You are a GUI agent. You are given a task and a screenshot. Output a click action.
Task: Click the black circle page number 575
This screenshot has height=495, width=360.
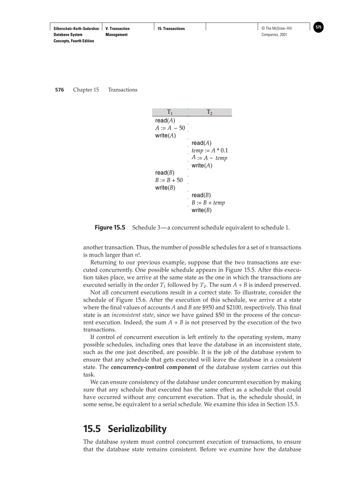(319, 27)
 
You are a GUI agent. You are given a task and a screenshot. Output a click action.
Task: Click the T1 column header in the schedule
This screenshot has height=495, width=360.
(169, 112)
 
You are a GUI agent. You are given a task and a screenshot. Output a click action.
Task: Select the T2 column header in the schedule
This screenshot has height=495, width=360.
(210, 112)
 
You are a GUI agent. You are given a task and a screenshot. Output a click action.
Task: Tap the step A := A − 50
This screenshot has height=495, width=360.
(170, 128)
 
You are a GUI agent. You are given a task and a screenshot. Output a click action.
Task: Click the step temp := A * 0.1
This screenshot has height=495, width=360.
(210, 150)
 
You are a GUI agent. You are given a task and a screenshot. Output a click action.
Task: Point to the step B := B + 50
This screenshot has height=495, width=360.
(169, 180)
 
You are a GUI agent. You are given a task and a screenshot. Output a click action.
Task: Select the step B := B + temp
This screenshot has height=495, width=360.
(208, 203)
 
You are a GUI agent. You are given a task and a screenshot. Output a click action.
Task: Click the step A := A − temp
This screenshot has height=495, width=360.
(210, 158)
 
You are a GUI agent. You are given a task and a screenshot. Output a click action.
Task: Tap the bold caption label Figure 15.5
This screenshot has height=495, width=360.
(110, 227)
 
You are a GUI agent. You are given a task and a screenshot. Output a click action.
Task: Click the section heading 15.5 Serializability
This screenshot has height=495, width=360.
(125, 429)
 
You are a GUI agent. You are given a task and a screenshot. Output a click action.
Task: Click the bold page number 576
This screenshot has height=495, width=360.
(60, 90)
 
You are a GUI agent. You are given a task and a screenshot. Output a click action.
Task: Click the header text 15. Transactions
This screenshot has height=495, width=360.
(171, 29)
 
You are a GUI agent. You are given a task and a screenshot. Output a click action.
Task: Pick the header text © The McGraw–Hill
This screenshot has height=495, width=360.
(277, 29)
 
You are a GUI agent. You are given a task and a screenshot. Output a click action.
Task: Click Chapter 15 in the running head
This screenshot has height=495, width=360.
(86, 90)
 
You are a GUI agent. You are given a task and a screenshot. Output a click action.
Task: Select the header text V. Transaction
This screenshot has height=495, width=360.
(118, 29)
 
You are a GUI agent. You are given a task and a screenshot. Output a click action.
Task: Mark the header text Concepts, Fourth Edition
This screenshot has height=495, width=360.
(74, 41)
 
